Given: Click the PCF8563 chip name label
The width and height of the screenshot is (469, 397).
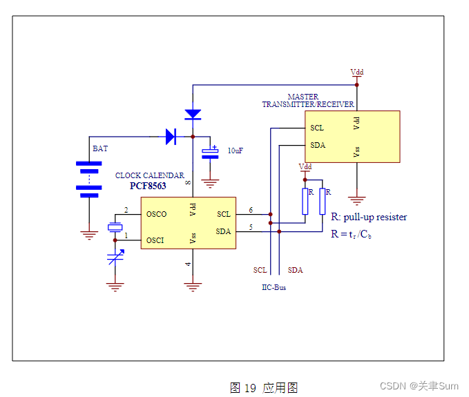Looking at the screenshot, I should point(148,186).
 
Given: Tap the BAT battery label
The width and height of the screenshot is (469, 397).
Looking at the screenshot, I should point(100,148).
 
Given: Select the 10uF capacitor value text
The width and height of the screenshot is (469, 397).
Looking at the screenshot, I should point(236,151).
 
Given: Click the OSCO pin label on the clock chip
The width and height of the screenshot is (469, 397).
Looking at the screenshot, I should point(156,214).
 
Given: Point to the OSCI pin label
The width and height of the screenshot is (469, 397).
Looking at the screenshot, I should point(155,240).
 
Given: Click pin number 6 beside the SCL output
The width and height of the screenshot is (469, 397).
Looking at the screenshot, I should point(251,210).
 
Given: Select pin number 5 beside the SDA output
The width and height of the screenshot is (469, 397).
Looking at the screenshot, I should point(251,227).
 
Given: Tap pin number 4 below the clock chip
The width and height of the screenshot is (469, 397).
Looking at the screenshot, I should point(187,264).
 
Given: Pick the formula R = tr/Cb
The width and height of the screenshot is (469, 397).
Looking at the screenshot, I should point(352,234).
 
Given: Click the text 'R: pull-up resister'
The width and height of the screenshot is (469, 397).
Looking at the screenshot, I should point(369,217).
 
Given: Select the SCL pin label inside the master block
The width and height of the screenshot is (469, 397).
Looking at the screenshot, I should point(317,128).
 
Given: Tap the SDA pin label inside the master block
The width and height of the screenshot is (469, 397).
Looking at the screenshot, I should point(318,145).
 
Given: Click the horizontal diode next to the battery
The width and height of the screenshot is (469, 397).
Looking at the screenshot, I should point(171,137).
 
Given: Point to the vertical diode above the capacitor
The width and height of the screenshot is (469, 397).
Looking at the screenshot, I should point(193,114).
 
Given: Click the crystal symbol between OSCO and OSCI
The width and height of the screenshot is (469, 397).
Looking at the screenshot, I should point(115,227).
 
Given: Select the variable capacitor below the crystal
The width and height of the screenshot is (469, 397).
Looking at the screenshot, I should point(115,260).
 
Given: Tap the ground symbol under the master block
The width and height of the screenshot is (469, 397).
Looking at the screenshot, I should point(356,200).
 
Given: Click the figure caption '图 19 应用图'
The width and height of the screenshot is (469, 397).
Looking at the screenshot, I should point(263,388).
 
